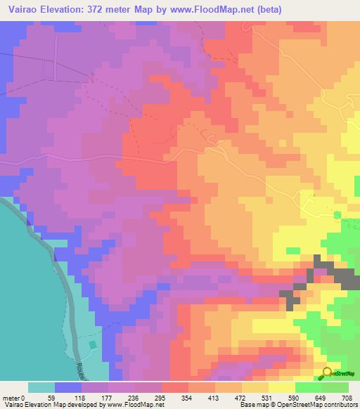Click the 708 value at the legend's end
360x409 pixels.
coord(347,398)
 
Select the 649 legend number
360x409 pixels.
coord(321,398)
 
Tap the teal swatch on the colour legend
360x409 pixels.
coord(41,387)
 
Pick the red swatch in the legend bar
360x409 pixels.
coord(175,387)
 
